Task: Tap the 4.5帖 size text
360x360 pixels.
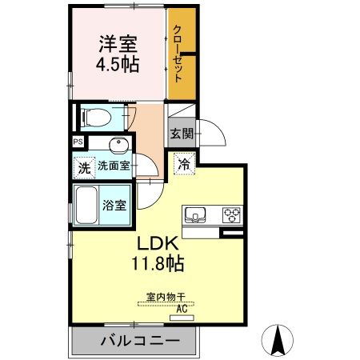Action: coord(118,65)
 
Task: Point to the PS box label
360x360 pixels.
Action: coord(78,142)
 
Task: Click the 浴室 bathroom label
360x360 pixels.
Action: coord(114,205)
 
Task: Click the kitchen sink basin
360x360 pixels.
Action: coord(196,215)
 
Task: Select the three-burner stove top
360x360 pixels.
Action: coord(232,214)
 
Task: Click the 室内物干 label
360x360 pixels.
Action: coord(165,296)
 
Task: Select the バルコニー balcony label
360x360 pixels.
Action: coord(134,342)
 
